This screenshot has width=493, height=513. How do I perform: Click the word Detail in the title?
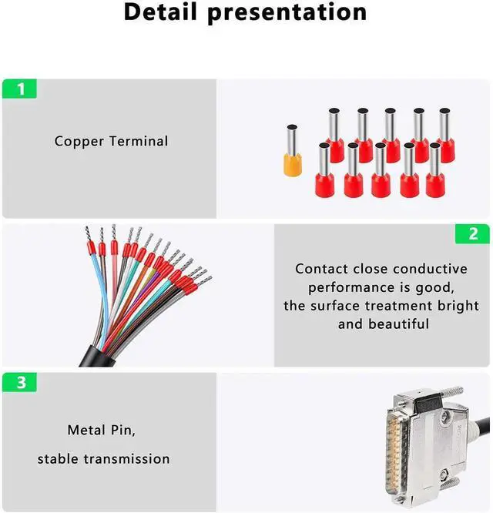(x=167, y=12)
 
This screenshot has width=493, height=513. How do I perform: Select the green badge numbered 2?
(x=472, y=234)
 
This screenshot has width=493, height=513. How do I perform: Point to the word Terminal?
(x=139, y=141)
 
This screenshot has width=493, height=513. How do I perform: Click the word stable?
(x=59, y=459)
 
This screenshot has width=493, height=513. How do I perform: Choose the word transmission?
(x=128, y=459)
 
